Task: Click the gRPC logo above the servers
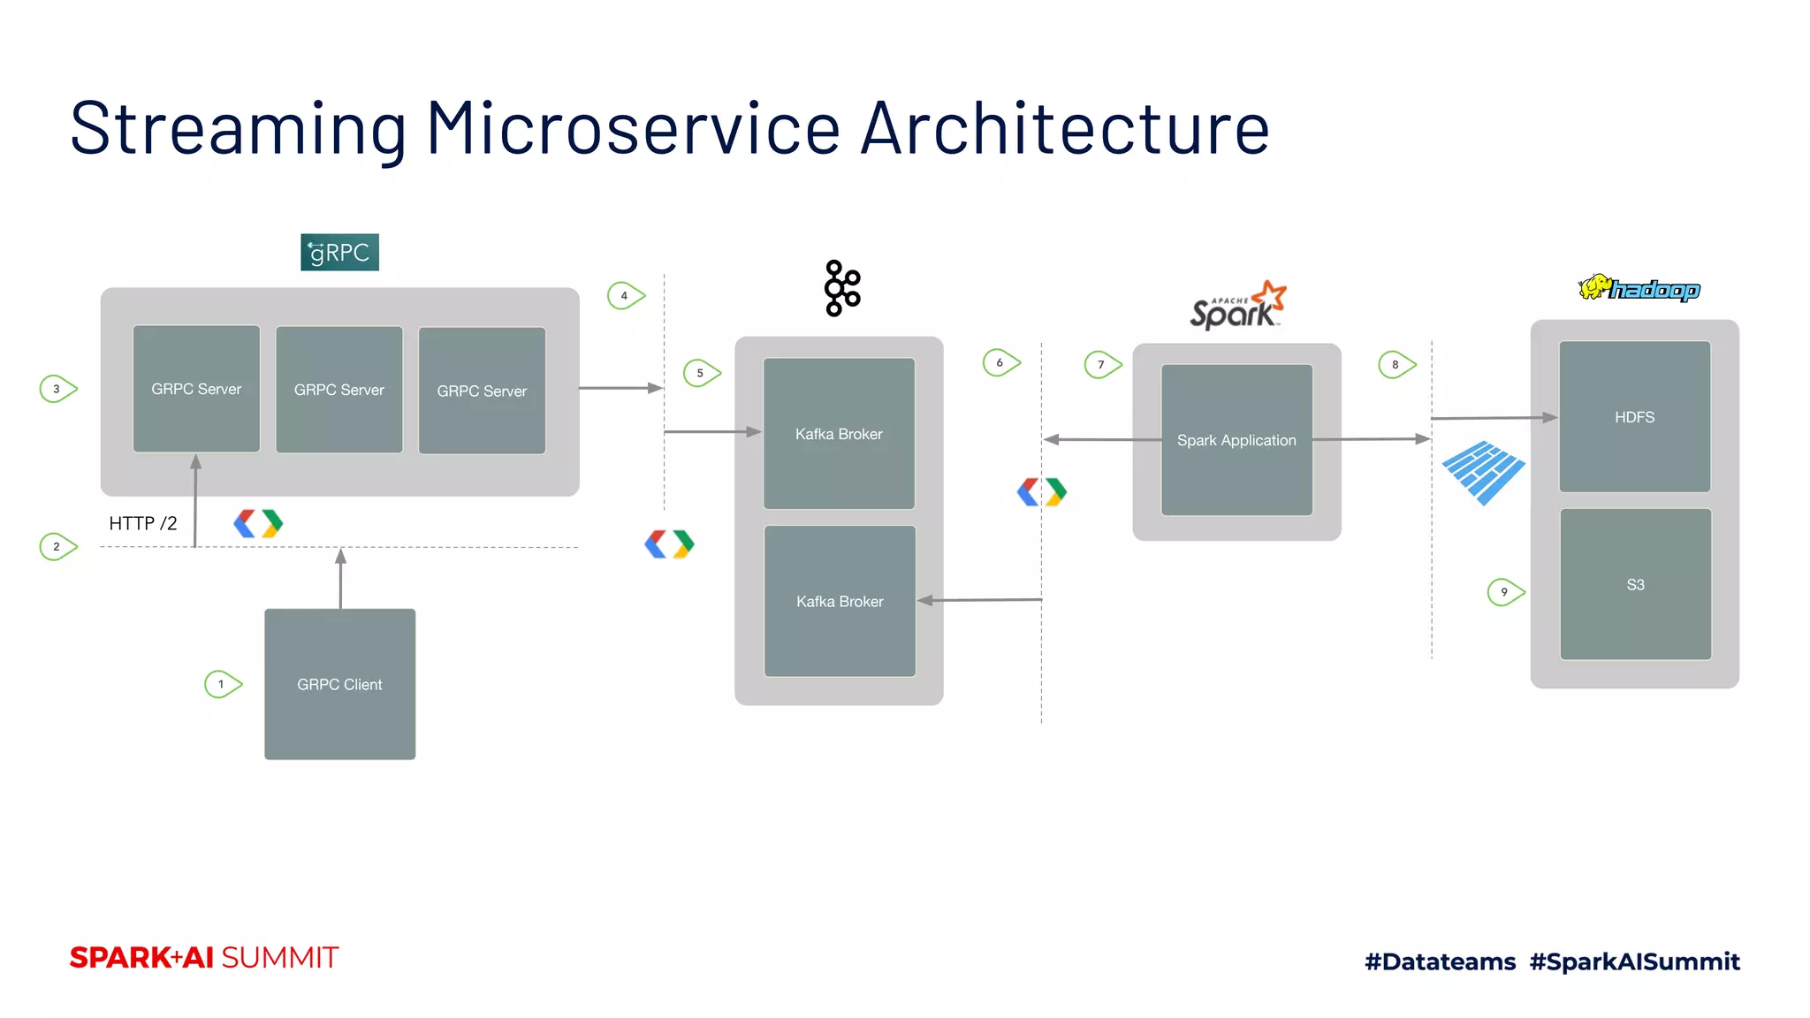(339, 253)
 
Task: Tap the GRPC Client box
(339, 684)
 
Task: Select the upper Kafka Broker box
(839, 433)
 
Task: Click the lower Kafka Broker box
(840, 601)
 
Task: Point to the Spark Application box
(1236, 440)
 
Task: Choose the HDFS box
(1634, 417)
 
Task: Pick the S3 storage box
(1635, 584)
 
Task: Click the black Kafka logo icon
(841, 288)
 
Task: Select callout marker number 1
(223, 684)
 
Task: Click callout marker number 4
(626, 295)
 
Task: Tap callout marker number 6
(1001, 362)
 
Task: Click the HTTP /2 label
(142, 523)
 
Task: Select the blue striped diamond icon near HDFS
(1483, 473)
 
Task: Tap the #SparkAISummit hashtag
(1634, 961)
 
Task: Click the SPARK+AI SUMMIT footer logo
(204, 958)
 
